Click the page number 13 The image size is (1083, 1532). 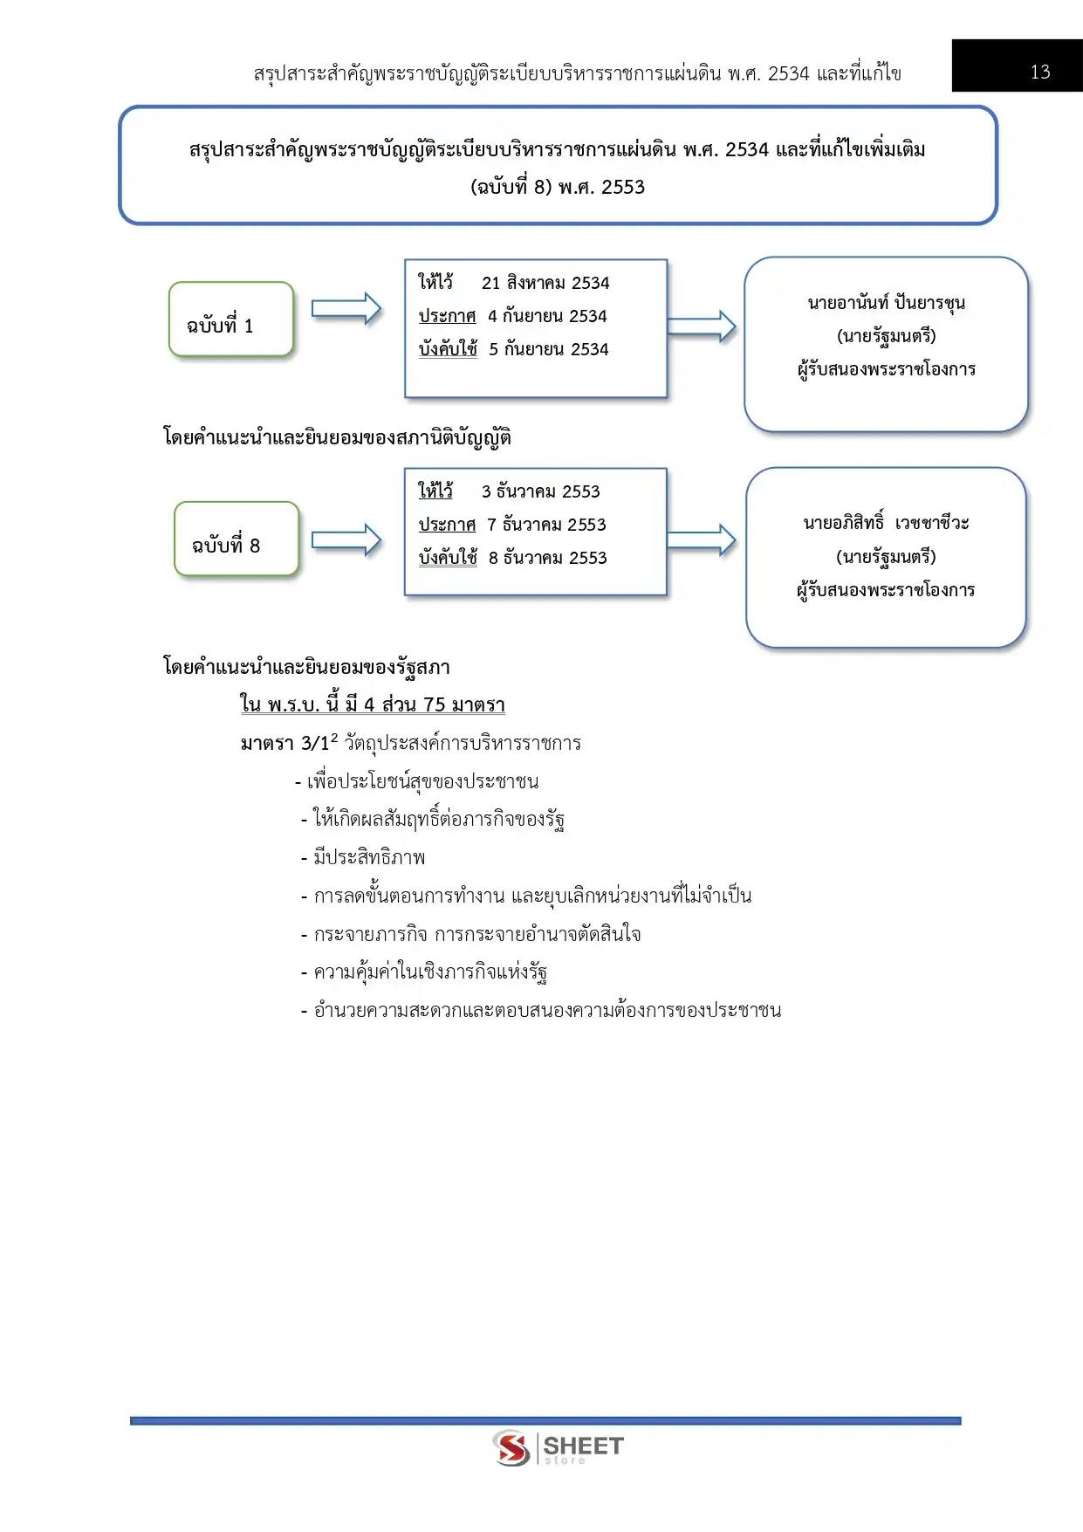(x=1039, y=72)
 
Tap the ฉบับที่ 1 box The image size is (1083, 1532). (x=230, y=319)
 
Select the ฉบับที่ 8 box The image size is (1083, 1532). (x=236, y=539)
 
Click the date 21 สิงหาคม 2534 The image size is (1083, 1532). (x=545, y=283)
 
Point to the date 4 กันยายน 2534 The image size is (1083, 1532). (x=547, y=316)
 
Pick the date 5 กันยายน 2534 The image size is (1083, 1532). (x=548, y=349)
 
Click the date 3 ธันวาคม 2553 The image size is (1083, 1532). (x=540, y=491)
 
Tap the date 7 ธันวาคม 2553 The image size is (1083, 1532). (x=546, y=525)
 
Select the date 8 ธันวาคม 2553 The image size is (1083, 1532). (x=547, y=558)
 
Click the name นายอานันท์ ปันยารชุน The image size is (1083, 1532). (x=886, y=303)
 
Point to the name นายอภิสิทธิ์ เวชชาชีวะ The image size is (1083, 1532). (x=886, y=523)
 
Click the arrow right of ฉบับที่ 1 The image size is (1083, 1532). (x=346, y=309)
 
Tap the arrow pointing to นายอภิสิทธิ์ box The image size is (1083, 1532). (x=701, y=540)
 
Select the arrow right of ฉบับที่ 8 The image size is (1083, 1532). (x=346, y=540)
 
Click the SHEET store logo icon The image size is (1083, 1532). (x=511, y=1448)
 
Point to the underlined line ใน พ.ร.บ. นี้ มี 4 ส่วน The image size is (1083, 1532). (x=373, y=704)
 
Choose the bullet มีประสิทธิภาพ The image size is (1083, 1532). (x=369, y=857)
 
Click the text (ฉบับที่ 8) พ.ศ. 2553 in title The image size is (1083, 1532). (x=558, y=187)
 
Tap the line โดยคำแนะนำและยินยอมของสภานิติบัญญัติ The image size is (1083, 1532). (x=337, y=437)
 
